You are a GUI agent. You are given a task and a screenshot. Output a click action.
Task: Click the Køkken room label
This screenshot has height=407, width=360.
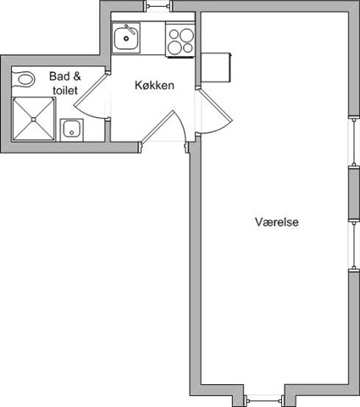[x=154, y=85]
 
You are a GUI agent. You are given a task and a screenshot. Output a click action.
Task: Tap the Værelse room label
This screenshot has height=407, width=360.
[x=277, y=222]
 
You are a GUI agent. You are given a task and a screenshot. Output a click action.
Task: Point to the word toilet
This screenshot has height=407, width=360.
[x=65, y=91]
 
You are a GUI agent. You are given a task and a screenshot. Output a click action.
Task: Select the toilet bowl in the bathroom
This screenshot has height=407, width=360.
[x=26, y=79]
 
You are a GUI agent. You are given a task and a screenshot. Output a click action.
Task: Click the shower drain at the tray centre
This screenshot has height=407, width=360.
[x=34, y=120]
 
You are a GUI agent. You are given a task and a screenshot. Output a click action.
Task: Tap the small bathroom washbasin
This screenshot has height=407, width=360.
[x=72, y=130]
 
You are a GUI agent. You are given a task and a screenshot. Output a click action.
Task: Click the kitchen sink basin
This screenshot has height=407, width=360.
[x=126, y=38]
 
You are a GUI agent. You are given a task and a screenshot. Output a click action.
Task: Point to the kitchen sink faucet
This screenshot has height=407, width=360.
[x=130, y=30]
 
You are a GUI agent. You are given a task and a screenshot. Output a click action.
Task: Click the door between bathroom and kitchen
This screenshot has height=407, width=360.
[x=90, y=95]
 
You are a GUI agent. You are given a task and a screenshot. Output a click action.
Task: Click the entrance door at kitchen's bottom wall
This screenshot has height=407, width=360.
[x=163, y=130]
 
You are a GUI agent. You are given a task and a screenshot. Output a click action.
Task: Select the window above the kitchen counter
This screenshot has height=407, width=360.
[x=158, y=5]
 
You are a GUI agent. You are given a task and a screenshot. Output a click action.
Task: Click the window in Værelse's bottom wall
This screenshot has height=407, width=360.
[x=264, y=399]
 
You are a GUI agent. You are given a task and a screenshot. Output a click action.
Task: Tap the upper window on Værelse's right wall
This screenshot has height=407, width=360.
[x=354, y=142]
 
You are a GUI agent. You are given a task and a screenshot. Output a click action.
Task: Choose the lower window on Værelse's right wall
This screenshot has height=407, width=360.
[x=354, y=245]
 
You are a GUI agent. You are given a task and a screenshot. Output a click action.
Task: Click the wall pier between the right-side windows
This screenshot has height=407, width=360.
[x=354, y=193]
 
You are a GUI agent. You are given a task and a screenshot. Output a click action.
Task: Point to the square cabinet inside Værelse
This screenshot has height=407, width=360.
[x=216, y=68]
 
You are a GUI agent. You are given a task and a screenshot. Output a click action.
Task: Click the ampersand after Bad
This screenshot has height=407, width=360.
[x=77, y=76]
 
